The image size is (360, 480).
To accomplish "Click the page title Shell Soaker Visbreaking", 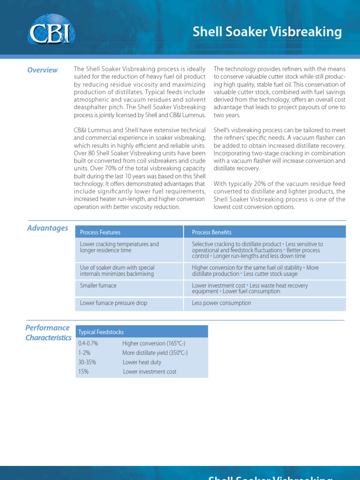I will coord(267,32).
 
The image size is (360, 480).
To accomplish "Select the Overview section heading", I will coord(42,70).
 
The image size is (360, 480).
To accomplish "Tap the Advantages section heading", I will coord(47,228).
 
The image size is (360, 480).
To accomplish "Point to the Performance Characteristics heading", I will coord(48,333).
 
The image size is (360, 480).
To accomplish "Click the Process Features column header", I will coord(100,232).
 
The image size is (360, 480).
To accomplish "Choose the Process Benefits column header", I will coord(211,232).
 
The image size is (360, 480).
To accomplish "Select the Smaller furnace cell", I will coord(98,285).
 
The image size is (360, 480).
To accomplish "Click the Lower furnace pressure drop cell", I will coord(113,303).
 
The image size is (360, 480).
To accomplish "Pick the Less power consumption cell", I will coord(221,303).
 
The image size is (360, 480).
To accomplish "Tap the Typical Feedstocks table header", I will coord(101,332).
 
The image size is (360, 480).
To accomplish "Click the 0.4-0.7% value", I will coord(88,344).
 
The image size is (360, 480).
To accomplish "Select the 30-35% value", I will coord(87,362).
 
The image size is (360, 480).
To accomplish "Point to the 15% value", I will coord(83,372).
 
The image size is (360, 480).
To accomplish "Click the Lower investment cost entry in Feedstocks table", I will coord(150,372).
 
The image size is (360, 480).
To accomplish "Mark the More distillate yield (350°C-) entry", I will coord(155,353).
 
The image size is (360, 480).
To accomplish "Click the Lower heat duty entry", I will coord(142,362).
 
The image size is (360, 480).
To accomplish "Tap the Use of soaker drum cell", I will coord(117,270).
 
